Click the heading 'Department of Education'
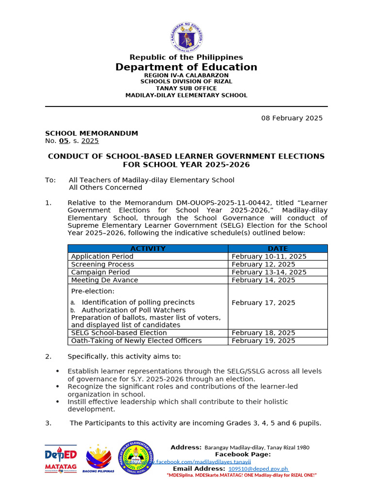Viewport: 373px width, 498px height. pyautogui.click(x=186, y=67)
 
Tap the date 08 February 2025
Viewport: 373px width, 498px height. pyautogui.click(x=292, y=118)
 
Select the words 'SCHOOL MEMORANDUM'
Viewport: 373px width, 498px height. pyautogui.click(x=91, y=133)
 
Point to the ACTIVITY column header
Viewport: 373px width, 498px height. pyautogui.click(x=148, y=249)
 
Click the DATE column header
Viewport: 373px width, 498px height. pyautogui.click(x=278, y=249)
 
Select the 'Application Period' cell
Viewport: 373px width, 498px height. pyautogui.click(x=102, y=256)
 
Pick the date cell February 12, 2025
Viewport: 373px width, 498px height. pyautogui.click(x=263, y=264)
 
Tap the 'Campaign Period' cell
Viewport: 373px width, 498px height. pyautogui.click(x=101, y=272)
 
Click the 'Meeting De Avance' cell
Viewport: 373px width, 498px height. pyautogui.click(x=104, y=280)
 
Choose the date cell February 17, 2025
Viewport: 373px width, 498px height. pyautogui.click(x=263, y=302)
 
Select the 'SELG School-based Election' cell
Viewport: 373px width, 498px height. pyautogui.click(x=119, y=333)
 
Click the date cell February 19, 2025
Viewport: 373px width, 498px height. pyautogui.click(x=263, y=341)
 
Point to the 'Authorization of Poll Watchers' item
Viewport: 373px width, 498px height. pyautogui.click(x=133, y=310)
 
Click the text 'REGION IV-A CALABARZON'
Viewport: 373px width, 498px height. pyautogui.click(x=186, y=75)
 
